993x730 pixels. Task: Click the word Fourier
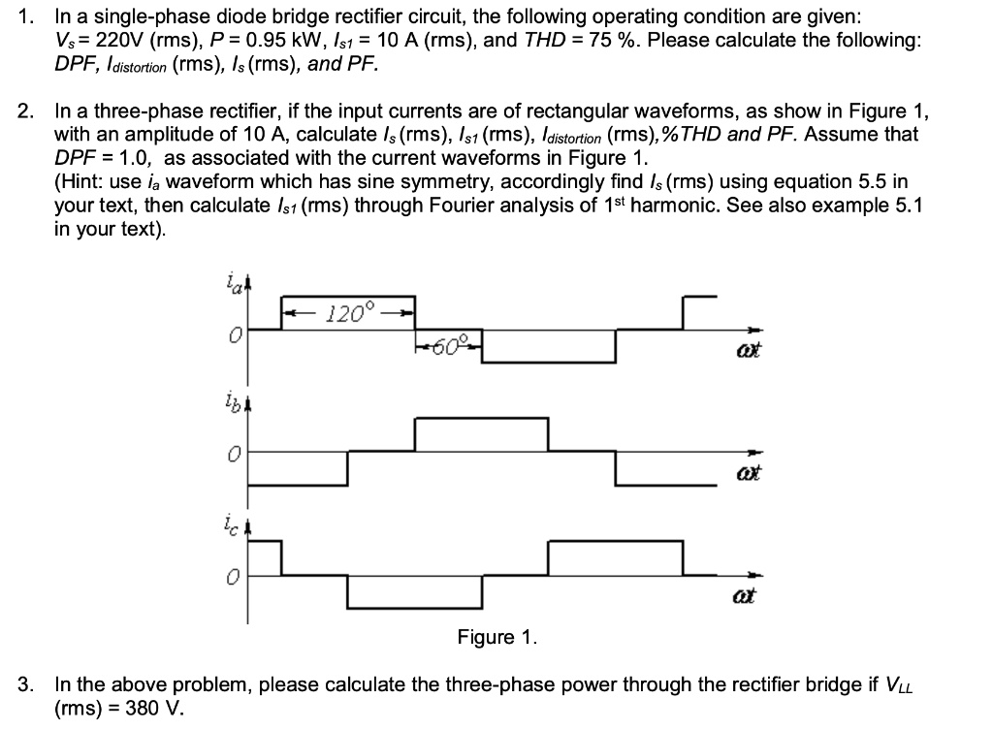pos(486,206)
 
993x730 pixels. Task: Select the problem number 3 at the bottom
pos(25,684)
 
